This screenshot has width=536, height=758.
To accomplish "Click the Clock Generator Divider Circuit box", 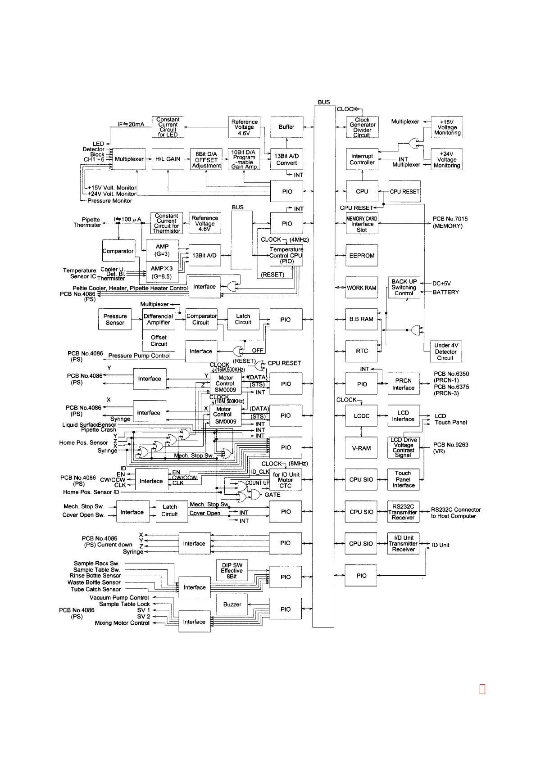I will pyautogui.click(x=362, y=127).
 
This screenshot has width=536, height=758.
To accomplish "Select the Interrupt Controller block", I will pyautogui.click(x=362, y=159).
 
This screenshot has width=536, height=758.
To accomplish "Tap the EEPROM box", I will pyautogui.click(x=362, y=256).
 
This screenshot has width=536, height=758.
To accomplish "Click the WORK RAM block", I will pyautogui.click(x=361, y=288).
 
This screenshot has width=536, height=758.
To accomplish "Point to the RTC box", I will pyautogui.click(x=362, y=351).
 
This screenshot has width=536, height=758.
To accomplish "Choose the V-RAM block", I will pyautogui.click(x=361, y=448).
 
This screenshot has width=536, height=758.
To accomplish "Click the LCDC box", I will pyautogui.click(x=361, y=416).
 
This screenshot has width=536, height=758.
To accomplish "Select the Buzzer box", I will pyautogui.click(x=232, y=605).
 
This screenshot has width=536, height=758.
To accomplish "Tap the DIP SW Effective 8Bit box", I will pyautogui.click(x=232, y=570).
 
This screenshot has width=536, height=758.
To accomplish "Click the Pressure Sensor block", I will pyautogui.click(x=115, y=320).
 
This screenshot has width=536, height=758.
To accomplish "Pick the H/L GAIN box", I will pyautogui.click(x=168, y=159).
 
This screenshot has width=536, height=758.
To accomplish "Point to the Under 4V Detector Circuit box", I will pyautogui.click(x=445, y=352).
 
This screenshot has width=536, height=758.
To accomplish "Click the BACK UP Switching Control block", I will pyautogui.click(x=404, y=288).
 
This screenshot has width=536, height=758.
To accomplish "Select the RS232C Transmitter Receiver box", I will pyautogui.click(x=403, y=512).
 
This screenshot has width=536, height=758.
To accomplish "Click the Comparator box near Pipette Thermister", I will pyautogui.click(x=118, y=251).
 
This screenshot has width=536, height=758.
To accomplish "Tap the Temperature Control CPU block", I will pyautogui.click(x=286, y=255).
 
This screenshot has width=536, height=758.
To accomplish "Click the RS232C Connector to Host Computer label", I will pyautogui.click(x=455, y=513).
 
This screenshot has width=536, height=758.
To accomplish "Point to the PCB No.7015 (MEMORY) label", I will pyautogui.click(x=450, y=222).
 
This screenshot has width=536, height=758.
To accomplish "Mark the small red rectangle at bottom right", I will pyautogui.click(x=482, y=689).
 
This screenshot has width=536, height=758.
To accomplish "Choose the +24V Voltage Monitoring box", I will pyautogui.click(x=447, y=160).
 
